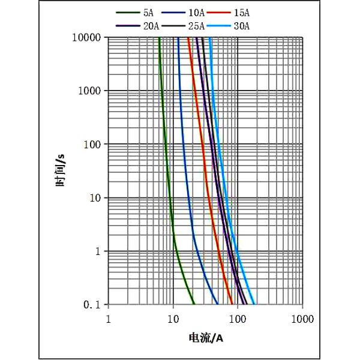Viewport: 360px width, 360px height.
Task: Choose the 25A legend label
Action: [x=196, y=25]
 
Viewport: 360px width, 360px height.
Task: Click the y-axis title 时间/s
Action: [x=61, y=171]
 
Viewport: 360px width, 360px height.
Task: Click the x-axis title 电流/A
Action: [x=205, y=338]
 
